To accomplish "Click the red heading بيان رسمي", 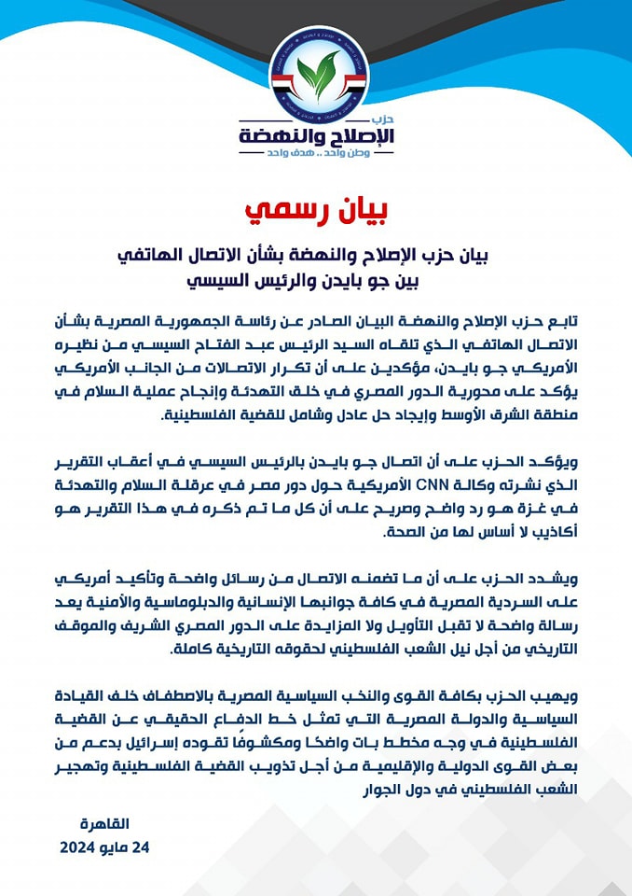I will point(315,212).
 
